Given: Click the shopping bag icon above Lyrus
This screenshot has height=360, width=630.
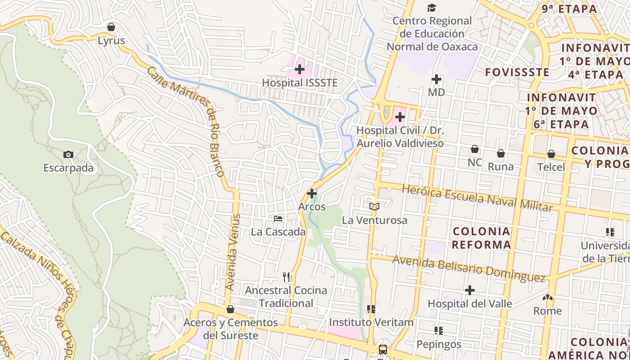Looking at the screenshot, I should click(x=111, y=27).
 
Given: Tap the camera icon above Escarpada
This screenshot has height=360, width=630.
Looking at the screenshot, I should click(x=68, y=154).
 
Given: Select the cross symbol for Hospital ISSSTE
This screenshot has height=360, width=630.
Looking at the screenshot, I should click(x=300, y=69).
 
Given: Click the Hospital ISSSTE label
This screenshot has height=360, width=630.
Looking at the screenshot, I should click(x=300, y=83).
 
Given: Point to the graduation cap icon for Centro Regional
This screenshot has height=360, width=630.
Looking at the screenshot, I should click(x=432, y=8).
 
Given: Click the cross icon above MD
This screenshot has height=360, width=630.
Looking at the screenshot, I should click(x=436, y=79).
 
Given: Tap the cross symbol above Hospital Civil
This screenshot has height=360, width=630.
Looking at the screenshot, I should click(x=400, y=117).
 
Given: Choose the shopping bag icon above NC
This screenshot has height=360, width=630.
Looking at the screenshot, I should click(x=475, y=149).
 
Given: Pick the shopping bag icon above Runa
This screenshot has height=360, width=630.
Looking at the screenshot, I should click(x=501, y=153).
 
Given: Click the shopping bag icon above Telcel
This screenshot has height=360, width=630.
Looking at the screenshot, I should click(x=551, y=154).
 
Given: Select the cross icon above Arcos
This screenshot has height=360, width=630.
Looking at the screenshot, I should click(x=312, y=193).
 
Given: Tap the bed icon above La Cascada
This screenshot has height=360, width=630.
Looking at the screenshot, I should click(x=279, y=219).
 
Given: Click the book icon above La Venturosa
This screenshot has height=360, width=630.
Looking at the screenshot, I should click(x=374, y=207).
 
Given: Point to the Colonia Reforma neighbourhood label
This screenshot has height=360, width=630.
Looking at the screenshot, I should click(x=481, y=238).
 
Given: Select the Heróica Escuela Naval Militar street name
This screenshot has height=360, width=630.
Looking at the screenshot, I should click(x=477, y=198).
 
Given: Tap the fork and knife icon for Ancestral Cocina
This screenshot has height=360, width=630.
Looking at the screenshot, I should click(x=286, y=276).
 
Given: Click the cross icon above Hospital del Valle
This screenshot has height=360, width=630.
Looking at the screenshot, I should click(x=470, y=290).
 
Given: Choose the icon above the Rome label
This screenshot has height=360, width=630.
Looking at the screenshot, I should click(x=548, y=297).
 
